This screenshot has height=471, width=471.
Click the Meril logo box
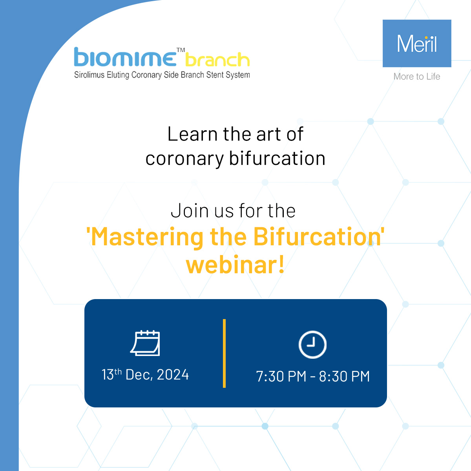click(x=417, y=43)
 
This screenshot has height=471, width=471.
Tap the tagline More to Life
click(x=417, y=77)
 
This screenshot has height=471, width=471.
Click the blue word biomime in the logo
click(x=125, y=57)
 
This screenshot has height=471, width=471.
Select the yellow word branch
click(x=217, y=59)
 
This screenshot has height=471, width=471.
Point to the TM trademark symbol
click(x=181, y=50)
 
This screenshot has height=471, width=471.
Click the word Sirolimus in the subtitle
click(x=89, y=75)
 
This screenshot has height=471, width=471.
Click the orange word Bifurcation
click(x=317, y=236)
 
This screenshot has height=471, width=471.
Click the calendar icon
click(x=145, y=343)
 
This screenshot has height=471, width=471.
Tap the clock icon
click(x=312, y=344)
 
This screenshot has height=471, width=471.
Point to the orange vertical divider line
click(x=224, y=353)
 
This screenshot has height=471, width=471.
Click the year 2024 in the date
click(x=173, y=374)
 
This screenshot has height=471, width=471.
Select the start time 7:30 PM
click(x=281, y=376)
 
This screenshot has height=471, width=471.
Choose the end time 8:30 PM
click(x=344, y=376)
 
